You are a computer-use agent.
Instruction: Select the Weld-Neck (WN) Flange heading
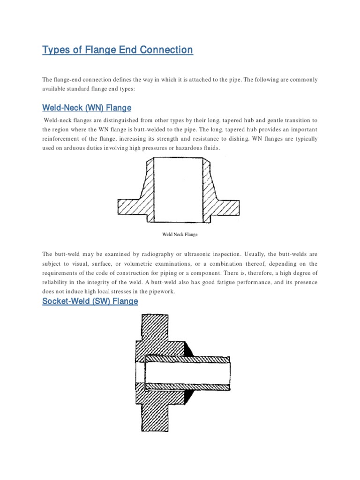pyautogui.click(x=87, y=108)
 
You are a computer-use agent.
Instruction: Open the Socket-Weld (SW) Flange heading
pyautogui.click(x=90, y=301)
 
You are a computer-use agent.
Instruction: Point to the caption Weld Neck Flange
pyautogui.click(x=180, y=234)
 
